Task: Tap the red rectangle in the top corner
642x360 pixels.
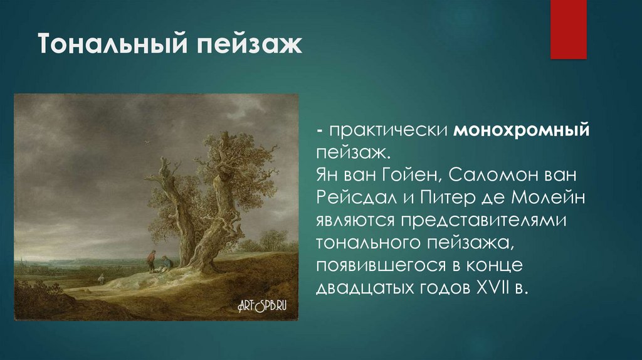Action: pos(568,29)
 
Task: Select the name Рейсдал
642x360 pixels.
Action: pos(355,198)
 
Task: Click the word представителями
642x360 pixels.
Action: pos(484,220)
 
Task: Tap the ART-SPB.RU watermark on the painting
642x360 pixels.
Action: pos(266,305)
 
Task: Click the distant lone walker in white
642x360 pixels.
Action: pos(99,277)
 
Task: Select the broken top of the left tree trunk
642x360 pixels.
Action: pos(164,164)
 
